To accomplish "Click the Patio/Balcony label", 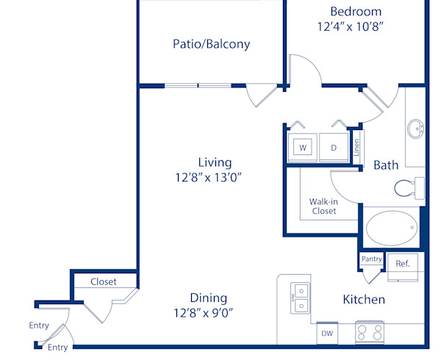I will coord(211,44).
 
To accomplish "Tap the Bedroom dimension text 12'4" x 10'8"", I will coord(351,26).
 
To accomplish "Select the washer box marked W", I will coord(302,148).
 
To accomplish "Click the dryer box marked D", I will coord(333,148).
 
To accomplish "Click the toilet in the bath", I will coord(408,188).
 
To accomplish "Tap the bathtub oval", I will coord(392,228).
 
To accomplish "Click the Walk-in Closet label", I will coord(323,206).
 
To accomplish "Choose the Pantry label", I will coord(371,259).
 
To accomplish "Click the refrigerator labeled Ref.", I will coord(403,264).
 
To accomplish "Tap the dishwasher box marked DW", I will coord(328,334).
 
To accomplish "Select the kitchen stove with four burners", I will coord(370,333).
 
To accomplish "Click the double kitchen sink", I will coord(300,297).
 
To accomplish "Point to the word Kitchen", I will coord(364,300).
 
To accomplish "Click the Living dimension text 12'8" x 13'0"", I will coord(209,177).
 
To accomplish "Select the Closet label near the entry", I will coord(104,281).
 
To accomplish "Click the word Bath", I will coord(386,165).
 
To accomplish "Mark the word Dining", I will coord(208,298).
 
